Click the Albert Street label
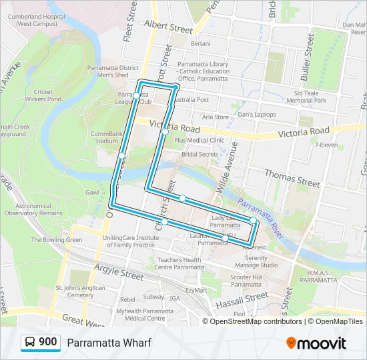pos(172,28)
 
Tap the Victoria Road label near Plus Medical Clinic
pos(175,126)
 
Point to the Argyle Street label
pos(119,272)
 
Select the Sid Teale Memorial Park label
pos(306,97)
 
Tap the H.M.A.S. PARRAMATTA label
pos(319,276)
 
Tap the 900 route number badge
pos(41,343)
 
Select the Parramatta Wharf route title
pos(109,343)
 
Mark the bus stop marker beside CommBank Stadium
pos(122,156)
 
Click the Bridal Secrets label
pos(200,154)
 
